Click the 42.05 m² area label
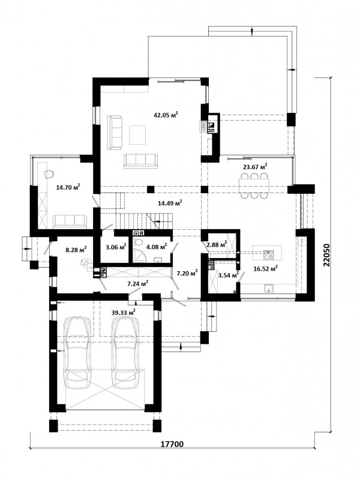point(166,115)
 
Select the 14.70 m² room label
point(68,187)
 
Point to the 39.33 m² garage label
point(123,313)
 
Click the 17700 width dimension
point(172,445)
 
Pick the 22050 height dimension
point(326,255)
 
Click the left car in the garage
point(77,353)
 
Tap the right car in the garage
point(126,353)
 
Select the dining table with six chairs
point(254,185)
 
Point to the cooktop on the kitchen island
point(268,254)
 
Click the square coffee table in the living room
point(138,135)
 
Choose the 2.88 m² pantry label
point(217,244)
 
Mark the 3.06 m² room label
point(116,247)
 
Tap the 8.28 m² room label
point(76,250)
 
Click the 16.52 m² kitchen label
point(265,268)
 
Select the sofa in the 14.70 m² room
point(70,221)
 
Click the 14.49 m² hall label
point(170,203)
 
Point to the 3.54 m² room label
point(229,275)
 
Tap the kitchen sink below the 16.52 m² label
point(268,288)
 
